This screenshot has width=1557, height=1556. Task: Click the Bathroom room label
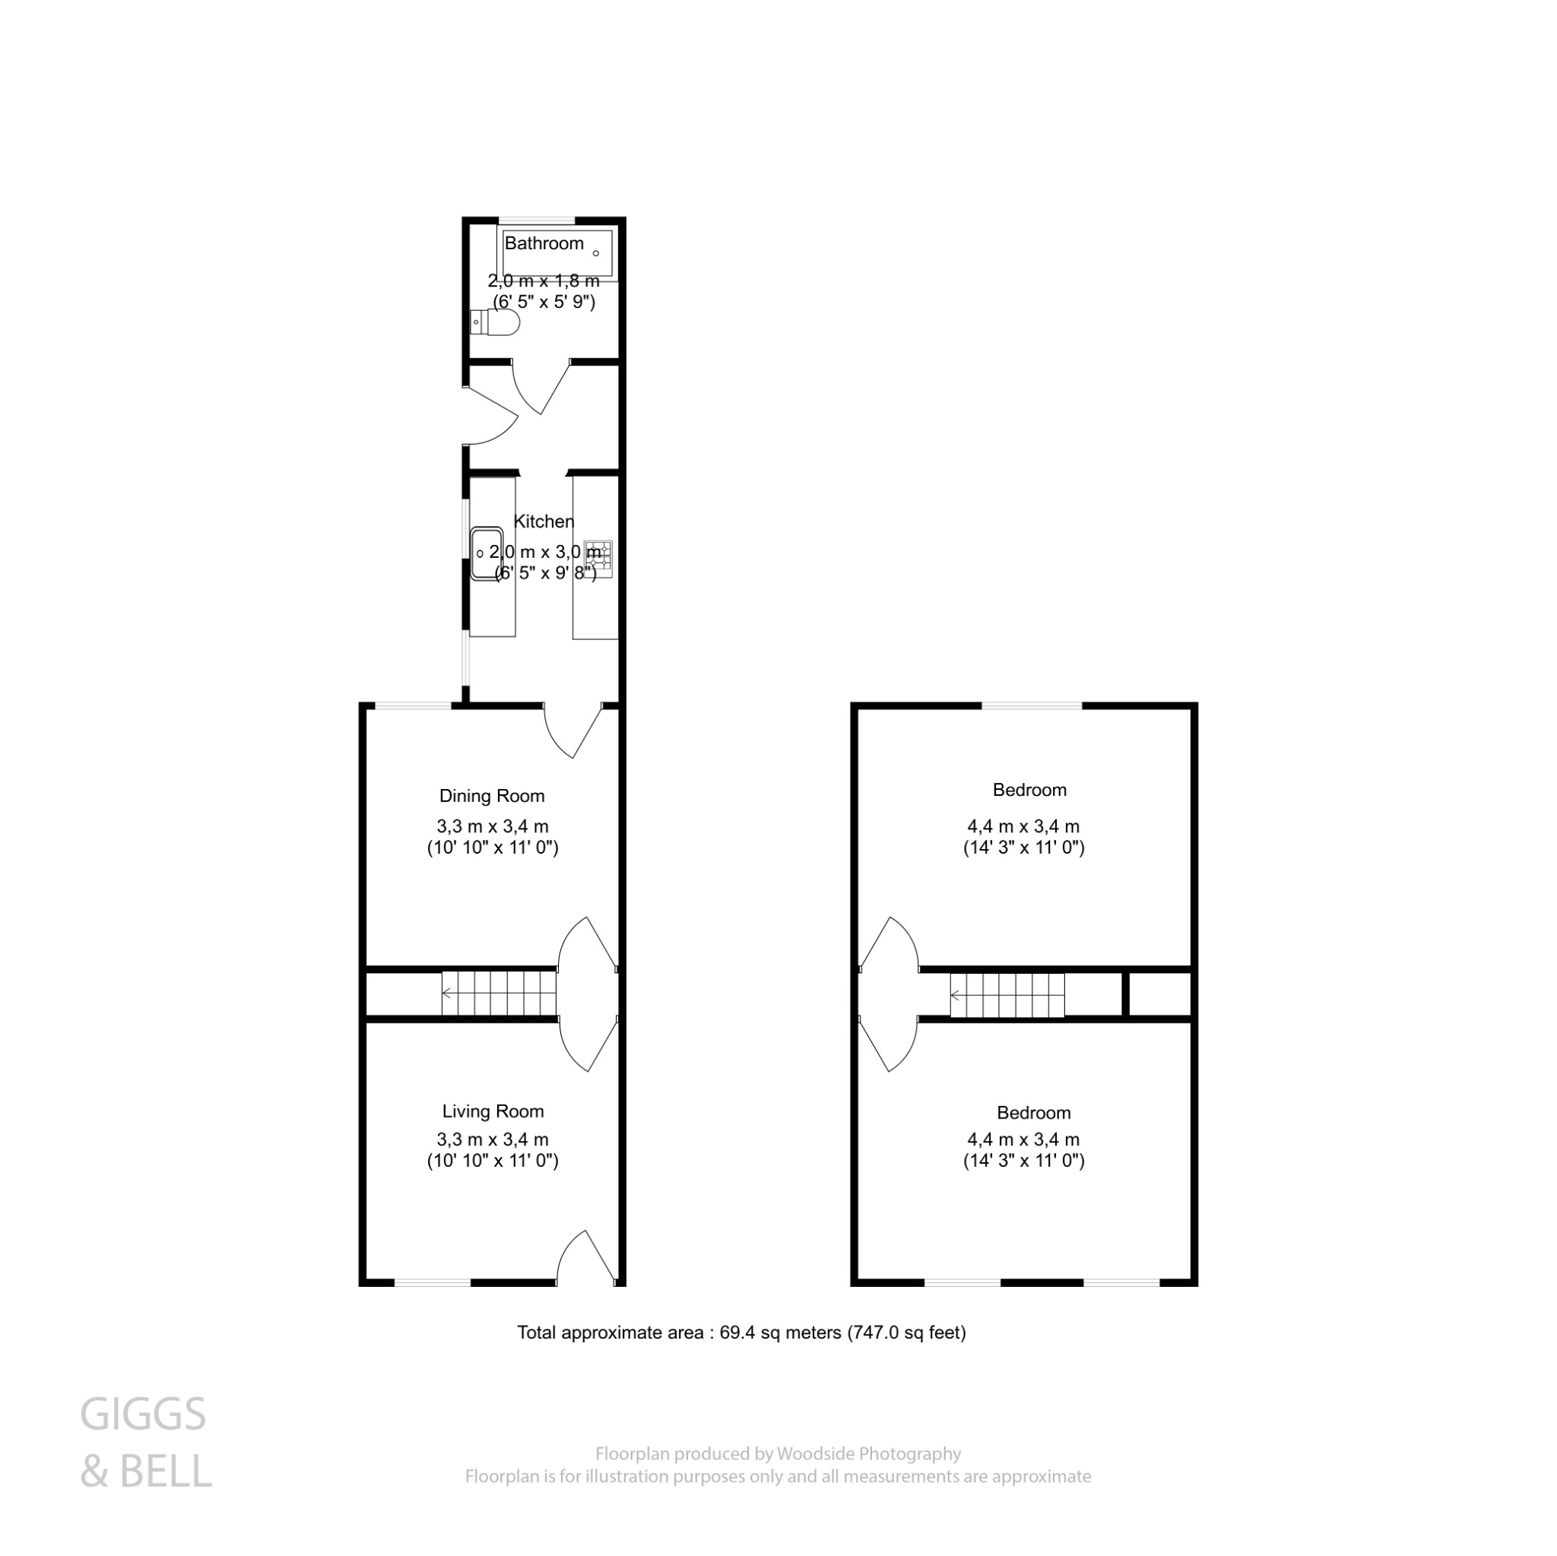coord(544,243)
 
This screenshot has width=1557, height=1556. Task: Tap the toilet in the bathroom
coord(497,322)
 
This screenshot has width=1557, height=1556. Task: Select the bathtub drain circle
coord(596,253)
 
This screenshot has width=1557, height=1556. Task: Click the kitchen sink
coord(486,553)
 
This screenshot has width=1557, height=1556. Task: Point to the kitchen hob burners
coord(600,559)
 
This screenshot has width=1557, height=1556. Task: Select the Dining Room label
coord(492,796)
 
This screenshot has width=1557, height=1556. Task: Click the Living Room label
coord(493,1111)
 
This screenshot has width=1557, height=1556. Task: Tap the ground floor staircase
coord(499,993)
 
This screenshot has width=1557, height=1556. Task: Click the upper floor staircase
coord(1007,995)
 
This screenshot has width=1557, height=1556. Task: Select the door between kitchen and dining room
coord(574,729)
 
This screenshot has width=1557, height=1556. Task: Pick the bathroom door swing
coord(541,388)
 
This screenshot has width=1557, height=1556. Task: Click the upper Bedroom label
coord(1029,790)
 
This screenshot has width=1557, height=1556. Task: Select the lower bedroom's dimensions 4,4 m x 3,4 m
coord(1023,1139)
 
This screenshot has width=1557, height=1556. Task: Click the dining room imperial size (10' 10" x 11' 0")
coord(493,848)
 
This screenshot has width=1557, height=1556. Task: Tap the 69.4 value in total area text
coord(735,1333)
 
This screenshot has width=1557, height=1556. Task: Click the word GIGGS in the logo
coord(144,1415)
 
